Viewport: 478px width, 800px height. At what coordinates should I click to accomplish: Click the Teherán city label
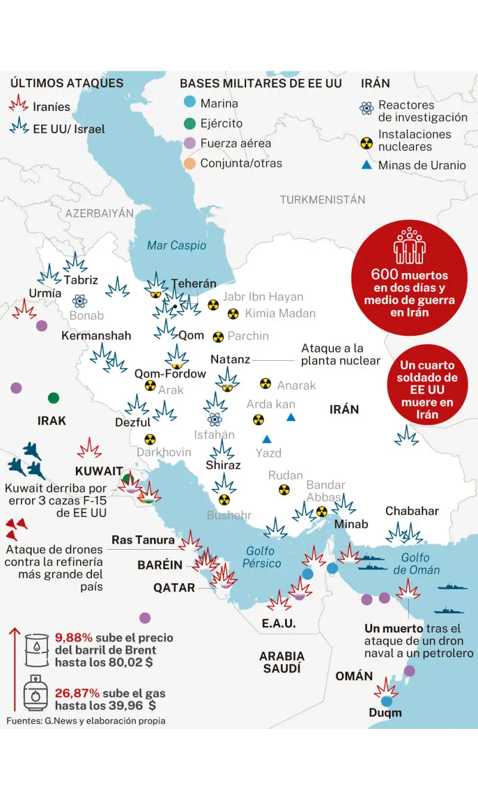(194, 284)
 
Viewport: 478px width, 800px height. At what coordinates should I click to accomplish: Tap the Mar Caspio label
(176, 246)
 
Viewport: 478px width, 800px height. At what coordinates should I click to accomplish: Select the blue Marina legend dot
(189, 103)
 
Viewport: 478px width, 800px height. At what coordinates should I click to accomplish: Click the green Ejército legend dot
(189, 124)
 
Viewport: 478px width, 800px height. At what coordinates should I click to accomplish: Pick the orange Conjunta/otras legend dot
(189, 163)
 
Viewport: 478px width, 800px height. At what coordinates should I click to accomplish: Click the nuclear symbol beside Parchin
(218, 337)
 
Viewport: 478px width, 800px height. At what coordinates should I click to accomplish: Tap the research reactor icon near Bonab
(79, 301)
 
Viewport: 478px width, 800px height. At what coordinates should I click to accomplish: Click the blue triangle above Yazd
(267, 439)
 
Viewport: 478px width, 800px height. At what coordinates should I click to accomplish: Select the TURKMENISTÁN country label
(323, 200)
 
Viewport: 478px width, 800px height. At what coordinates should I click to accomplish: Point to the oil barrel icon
(37, 649)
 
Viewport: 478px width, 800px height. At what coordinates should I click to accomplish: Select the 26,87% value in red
(76, 694)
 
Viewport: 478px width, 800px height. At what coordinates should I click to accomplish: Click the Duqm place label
(385, 712)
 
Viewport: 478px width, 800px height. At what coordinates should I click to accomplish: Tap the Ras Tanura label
(143, 540)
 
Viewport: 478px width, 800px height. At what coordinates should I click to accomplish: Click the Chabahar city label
(412, 511)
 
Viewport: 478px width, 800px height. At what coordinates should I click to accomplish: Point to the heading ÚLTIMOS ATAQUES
(67, 84)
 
